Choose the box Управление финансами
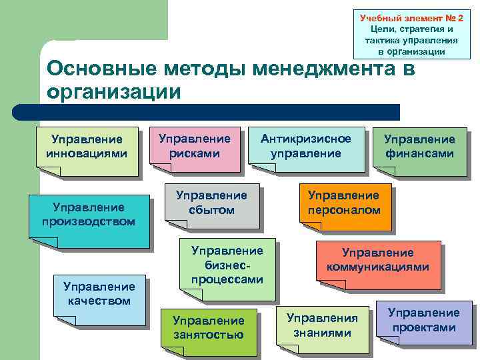[x=419, y=149]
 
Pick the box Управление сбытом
[x=211, y=203]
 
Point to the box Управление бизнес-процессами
[x=227, y=265]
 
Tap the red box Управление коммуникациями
[x=378, y=261]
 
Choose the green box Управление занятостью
[x=208, y=329]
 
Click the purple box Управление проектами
[x=424, y=321]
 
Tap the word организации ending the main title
[x=113, y=91]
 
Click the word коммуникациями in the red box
[x=378, y=268]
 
